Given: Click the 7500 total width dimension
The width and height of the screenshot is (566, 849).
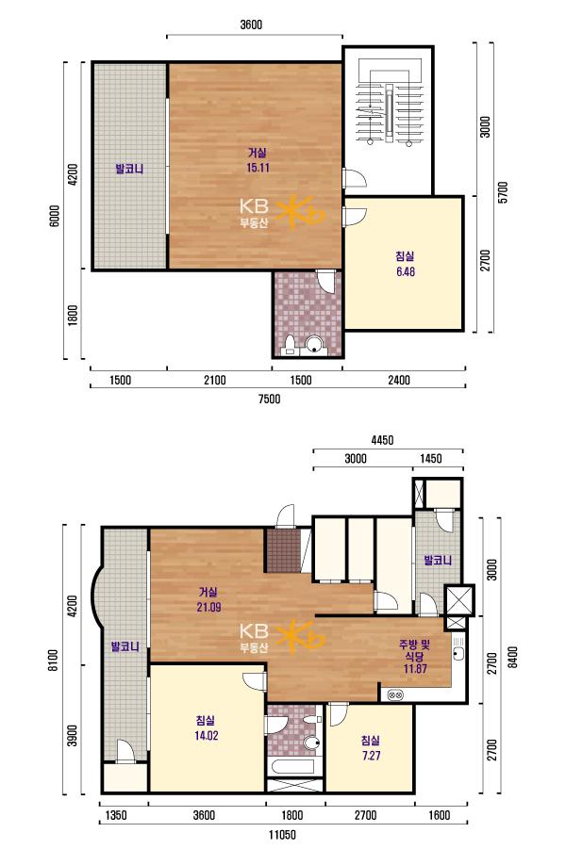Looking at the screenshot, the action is [270, 399].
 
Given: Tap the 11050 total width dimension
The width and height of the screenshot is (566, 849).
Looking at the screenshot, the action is [282, 834].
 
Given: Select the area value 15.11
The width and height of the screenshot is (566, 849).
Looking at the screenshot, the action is [258, 168].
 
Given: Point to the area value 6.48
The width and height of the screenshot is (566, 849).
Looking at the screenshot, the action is [406, 271].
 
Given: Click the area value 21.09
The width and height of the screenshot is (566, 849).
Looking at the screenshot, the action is [208, 607].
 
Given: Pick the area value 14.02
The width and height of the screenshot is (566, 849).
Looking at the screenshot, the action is [206, 735].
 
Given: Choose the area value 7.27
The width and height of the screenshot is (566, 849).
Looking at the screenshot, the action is [372, 756].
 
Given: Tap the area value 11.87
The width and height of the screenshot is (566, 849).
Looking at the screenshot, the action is [415, 668].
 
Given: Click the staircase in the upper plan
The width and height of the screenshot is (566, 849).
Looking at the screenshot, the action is [389, 107].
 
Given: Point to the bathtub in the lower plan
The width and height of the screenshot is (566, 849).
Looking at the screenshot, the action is [295, 767].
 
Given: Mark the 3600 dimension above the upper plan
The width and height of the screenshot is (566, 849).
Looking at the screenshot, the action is [251, 24].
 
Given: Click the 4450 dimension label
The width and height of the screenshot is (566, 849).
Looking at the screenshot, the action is [382, 440].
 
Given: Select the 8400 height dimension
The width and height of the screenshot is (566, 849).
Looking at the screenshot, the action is [513, 657].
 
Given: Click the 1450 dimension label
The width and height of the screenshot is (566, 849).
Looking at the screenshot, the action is [431, 459].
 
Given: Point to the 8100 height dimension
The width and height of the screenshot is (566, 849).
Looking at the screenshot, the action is [53, 661].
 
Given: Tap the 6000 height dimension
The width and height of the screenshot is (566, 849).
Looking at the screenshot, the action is [54, 216].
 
